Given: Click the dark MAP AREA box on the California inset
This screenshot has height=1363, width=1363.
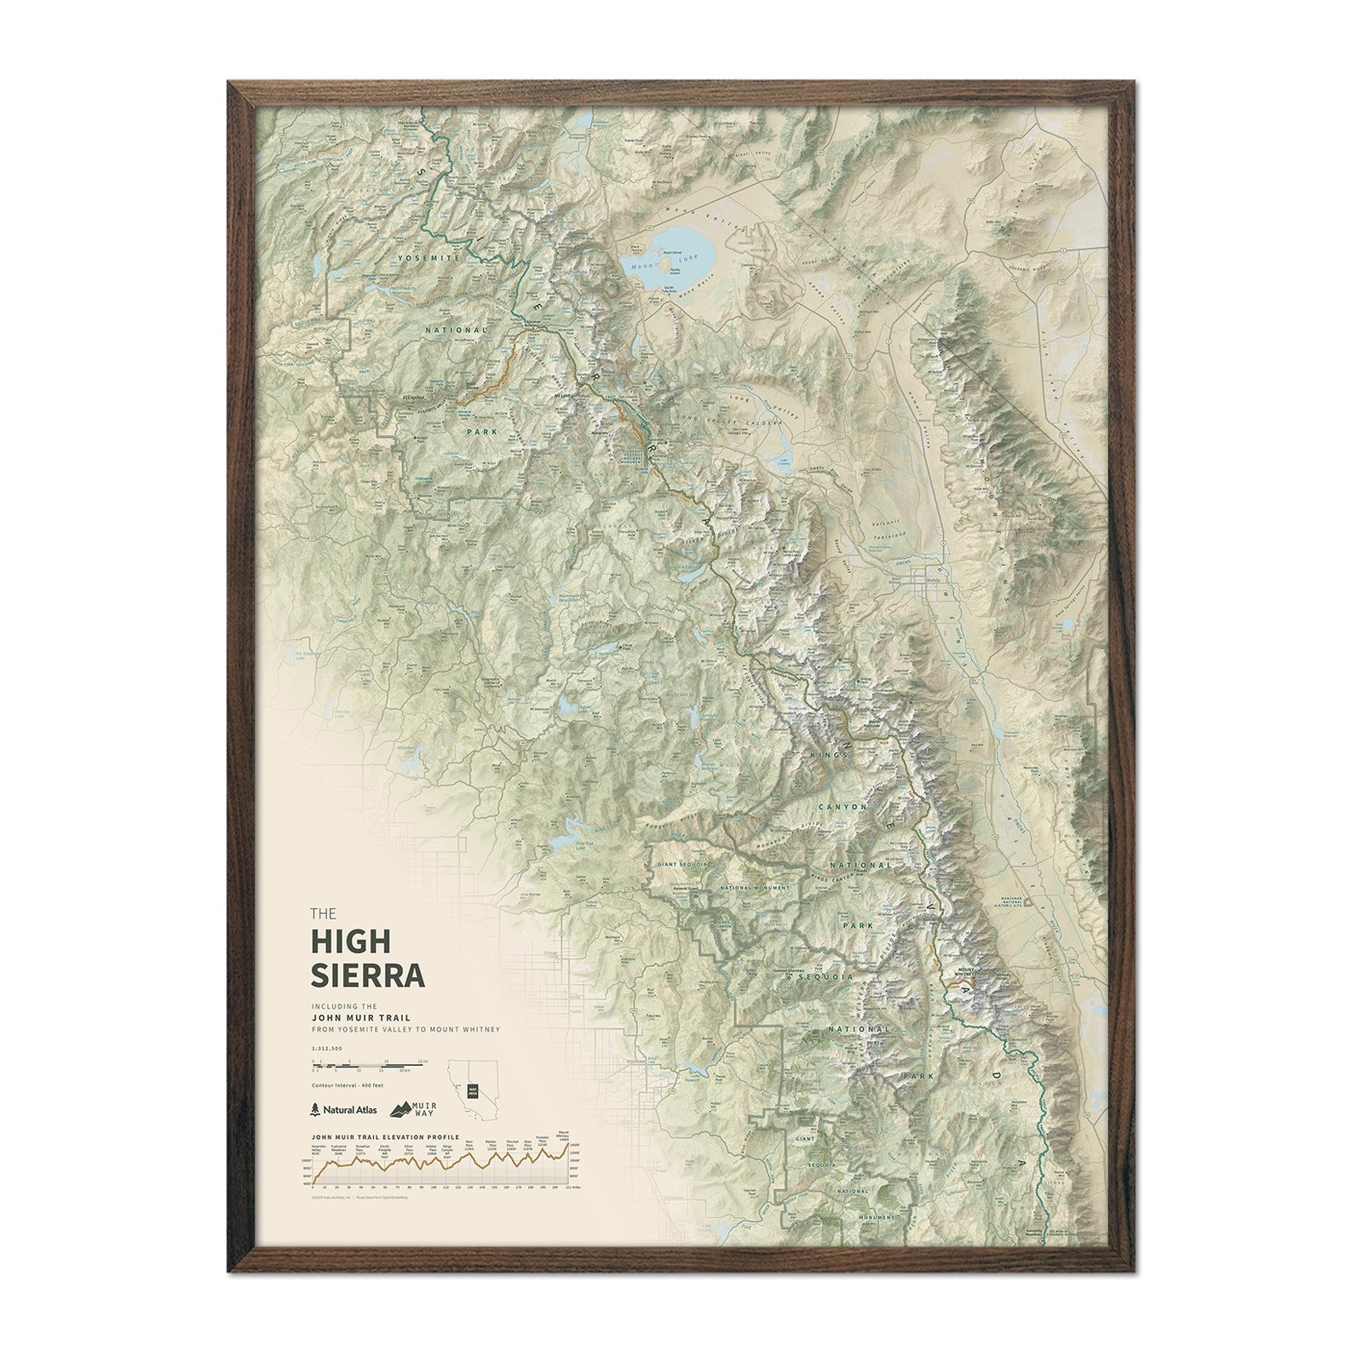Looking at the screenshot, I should [x=472, y=1090].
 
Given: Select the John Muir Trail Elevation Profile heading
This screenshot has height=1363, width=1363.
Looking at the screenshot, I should [x=386, y=1136].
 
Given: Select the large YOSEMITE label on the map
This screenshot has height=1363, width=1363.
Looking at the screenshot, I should [x=433, y=257].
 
